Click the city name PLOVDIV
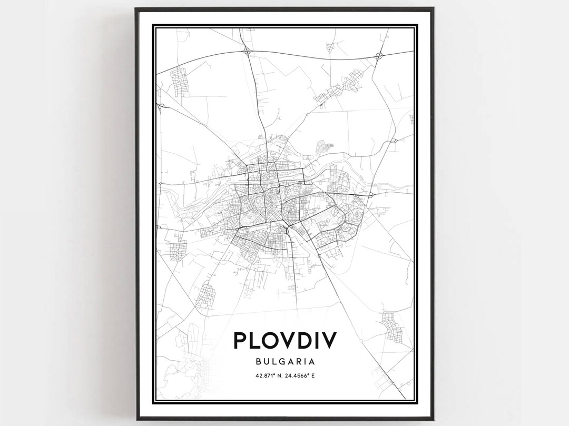tap(284, 341)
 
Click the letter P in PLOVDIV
tap(241, 341)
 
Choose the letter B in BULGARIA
tap(258, 362)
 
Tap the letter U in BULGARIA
tap(266, 362)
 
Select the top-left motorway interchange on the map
tap(248, 51)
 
